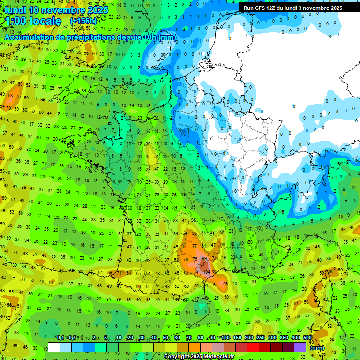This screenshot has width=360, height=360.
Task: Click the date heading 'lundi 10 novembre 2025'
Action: tap(56, 10)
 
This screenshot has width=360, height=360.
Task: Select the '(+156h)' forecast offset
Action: tap(83, 21)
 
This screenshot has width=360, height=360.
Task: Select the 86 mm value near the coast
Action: tap(225, 284)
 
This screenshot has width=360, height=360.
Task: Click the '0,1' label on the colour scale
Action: tap(60, 338)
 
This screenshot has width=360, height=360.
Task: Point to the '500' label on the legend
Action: tap(307, 338)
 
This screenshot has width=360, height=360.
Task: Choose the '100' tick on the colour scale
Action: tap(225, 338)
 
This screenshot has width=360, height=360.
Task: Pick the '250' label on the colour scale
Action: tap(261, 338)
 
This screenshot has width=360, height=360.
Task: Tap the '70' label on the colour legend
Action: tap(188, 338)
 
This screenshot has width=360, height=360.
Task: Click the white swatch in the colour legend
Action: tap(54, 347)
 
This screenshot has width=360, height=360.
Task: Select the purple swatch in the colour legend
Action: tap(300, 347)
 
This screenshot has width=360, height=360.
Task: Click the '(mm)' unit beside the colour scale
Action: tap(318, 348)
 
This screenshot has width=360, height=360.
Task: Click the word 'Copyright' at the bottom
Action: tap(177, 357)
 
